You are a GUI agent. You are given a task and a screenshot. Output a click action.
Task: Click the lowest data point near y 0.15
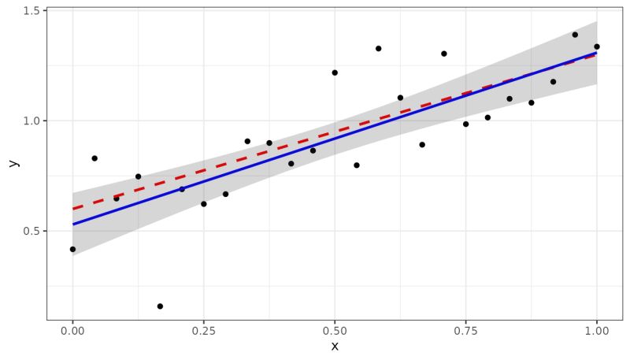pos(160,306)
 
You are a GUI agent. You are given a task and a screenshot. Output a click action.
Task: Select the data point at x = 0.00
pos(72,249)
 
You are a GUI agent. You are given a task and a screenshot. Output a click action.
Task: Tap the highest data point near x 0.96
pos(575,35)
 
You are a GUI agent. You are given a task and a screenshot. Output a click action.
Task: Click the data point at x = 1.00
pos(597,46)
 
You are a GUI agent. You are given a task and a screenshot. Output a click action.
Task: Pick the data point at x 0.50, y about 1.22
pos(335,72)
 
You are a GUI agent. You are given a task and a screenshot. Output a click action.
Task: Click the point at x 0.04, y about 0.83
pos(94,158)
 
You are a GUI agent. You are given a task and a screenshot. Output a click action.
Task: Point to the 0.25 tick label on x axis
pos(203,332)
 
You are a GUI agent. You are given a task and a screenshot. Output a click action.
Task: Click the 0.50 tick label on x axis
pos(335,332)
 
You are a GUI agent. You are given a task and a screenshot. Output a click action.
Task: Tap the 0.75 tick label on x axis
pos(465,332)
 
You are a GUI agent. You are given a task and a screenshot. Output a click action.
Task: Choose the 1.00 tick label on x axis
pos(597,332)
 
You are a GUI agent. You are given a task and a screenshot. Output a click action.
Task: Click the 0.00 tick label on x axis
pos(72,332)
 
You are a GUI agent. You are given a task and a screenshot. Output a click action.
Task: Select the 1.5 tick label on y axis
pos(32,10)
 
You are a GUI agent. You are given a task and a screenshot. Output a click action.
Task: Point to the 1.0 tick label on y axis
pos(32,121)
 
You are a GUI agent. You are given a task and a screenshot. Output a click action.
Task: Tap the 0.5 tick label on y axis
pos(32,231)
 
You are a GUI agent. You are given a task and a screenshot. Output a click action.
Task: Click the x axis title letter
pos(335,347)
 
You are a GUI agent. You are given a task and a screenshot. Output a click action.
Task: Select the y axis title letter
pos(12,163)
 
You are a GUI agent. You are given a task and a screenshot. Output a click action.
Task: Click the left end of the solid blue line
pos(72,225)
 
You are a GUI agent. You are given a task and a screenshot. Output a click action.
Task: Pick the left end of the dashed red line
pos(72,210)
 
